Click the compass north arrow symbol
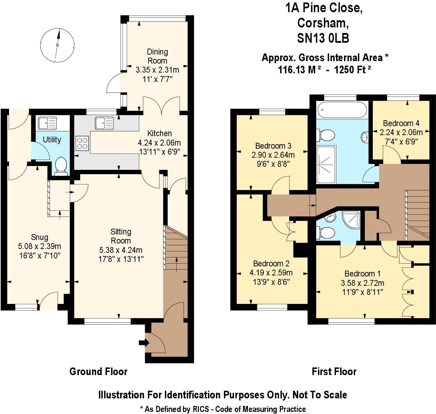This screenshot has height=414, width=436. tap(58, 44)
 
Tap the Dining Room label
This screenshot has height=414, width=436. tap(157, 56)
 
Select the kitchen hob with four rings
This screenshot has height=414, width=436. tap(83, 143)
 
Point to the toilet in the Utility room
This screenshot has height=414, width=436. tap(60, 166)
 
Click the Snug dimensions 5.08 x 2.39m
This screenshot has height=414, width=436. tap(40, 247)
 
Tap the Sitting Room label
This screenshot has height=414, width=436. tap(120, 236)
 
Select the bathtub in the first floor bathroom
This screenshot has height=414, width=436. tap(342, 110)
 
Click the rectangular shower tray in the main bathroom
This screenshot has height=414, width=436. tap(326, 164)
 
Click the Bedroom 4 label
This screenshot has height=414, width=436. tap(401, 123)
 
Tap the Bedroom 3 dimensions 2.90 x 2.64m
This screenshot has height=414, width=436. tap(273, 155)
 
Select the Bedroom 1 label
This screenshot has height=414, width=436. tap(360, 274)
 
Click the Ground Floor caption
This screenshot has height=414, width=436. tap(98, 372)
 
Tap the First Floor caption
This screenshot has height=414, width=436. tap(334, 372)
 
